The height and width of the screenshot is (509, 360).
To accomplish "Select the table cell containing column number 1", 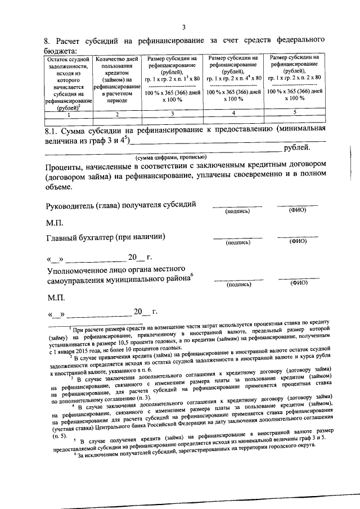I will [68, 115].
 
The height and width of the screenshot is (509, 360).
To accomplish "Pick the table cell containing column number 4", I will [233, 113].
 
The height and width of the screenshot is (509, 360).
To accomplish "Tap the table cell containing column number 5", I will [295, 112].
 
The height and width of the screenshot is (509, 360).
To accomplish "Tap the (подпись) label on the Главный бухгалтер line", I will [237, 242].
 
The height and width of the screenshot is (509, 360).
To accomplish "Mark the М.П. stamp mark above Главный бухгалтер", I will [55, 222].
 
